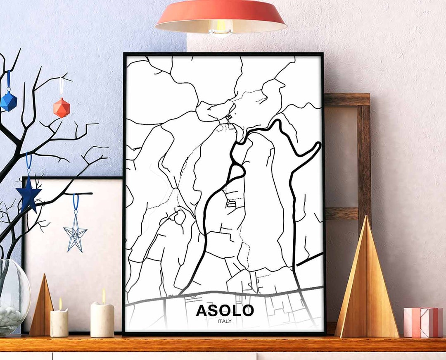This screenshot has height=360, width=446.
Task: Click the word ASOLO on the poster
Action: click(x=225, y=310)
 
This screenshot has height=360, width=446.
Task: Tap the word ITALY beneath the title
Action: click(x=225, y=321)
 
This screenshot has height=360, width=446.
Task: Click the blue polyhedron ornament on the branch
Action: click(x=8, y=101)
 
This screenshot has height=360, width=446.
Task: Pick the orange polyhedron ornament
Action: click(x=61, y=108)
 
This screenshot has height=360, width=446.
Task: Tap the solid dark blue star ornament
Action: click(x=28, y=193)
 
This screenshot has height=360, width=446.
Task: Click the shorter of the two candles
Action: click(x=59, y=323)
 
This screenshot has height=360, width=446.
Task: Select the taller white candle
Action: click(x=102, y=319)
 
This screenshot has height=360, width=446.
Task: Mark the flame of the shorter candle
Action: click(x=60, y=304)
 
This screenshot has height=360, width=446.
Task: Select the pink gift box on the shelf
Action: click(x=423, y=322)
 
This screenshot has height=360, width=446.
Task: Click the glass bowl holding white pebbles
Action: click(x=12, y=298)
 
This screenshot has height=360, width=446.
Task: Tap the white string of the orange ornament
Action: click(x=61, y=88)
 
